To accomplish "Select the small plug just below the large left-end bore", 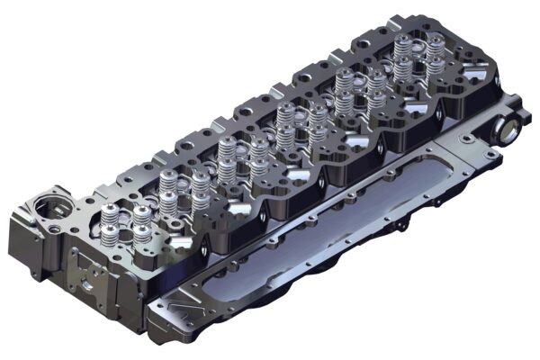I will (55, 231).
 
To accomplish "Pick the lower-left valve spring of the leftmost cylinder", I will (111, 236).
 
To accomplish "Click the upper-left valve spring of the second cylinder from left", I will (167, 183).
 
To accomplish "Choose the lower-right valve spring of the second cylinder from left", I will (200, 201).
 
